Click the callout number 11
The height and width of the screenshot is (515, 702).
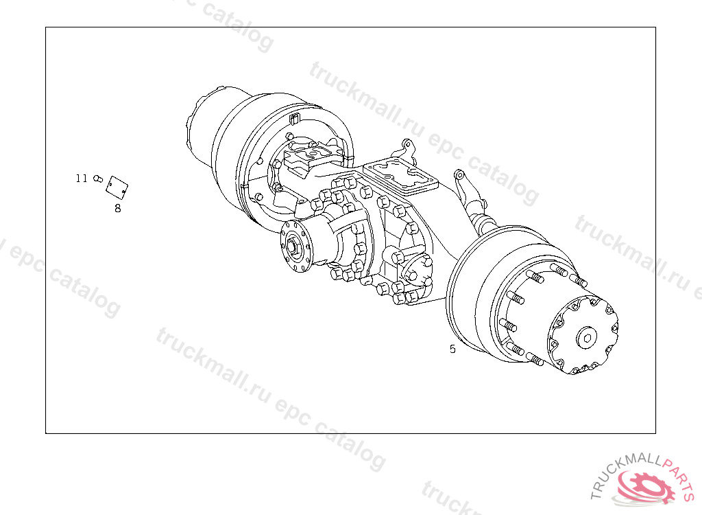click(x=82, y=179)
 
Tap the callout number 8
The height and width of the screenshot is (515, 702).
click(x=118, y=208)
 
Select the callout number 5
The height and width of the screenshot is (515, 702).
click(x=452, y=349)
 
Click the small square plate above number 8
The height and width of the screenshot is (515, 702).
click(x=117, y=187)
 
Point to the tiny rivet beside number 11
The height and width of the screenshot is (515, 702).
click(x=97, y=179)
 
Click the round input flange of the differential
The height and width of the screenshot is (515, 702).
click(x=295, y=247)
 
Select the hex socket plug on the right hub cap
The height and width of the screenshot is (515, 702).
click(x=587, y=337)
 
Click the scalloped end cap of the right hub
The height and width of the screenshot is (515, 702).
click(x=583, y=335)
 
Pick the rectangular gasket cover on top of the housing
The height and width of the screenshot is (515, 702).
click(x=400, y=176)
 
